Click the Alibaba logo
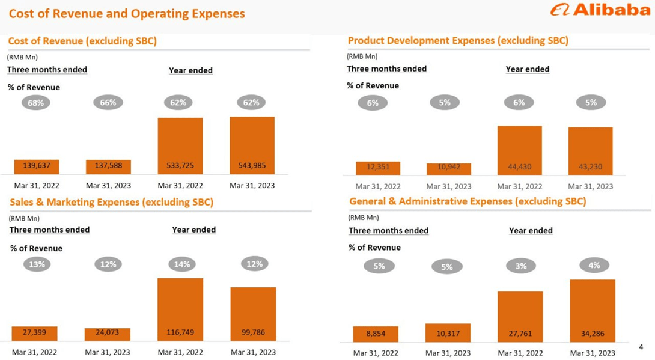[600, 10]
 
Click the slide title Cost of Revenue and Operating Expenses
[127, 13]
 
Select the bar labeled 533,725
[180, 146]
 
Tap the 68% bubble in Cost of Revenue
[36, 103]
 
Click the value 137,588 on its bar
[108, 166]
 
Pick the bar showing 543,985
[252, 145]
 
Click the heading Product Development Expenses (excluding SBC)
[458, 41]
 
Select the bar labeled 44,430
[519, 150]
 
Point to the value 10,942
[449, 167]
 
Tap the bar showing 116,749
[180, 309]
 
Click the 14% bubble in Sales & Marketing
[182, 264]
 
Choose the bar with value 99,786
[253, 314]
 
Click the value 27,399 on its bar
[35, 332]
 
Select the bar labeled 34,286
[592, 311]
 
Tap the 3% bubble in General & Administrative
[520, 266]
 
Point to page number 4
[641, 347]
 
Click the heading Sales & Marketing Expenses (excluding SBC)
[111, 203]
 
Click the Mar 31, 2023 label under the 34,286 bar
[592, 353]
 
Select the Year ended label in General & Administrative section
[531, 231]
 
